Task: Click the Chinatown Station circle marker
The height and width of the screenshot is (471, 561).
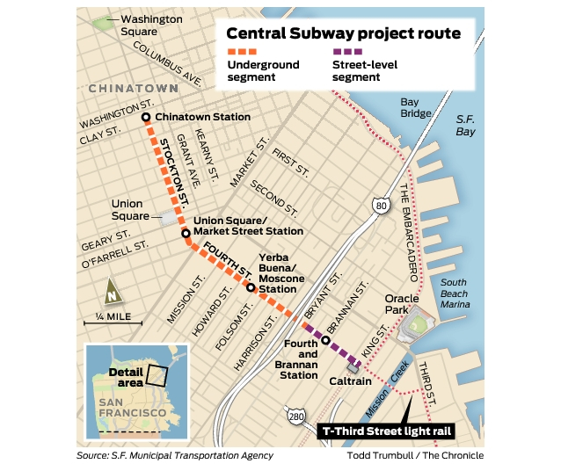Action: point(146,117)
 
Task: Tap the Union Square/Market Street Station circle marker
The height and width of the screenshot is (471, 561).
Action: point(186,234)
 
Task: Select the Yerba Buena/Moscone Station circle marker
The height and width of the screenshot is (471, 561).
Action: point(251,287)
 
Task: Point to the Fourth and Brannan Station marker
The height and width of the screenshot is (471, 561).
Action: point(325,341)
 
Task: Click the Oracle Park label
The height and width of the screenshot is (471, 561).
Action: point(405,299)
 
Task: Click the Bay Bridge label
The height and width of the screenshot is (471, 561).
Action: point(416,107)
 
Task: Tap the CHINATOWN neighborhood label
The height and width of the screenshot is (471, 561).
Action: point(133,89)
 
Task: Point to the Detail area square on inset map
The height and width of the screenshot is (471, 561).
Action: point(156,375)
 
